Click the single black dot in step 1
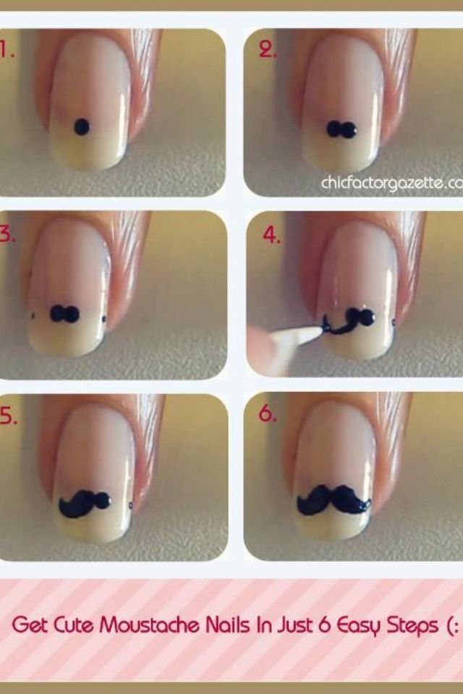82,127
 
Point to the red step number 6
268,414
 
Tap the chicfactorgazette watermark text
391,182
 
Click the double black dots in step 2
342,129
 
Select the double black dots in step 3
64,313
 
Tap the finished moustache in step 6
334,500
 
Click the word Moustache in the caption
149,625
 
